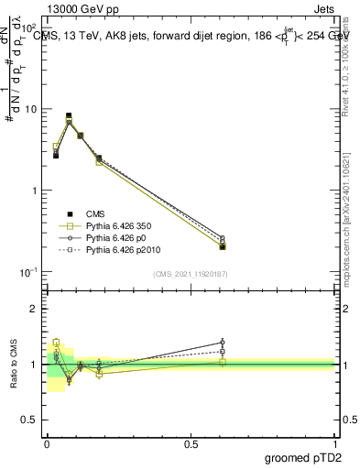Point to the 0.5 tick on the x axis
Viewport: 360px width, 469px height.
[191, 442]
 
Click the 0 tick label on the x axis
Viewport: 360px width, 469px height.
[47, 442]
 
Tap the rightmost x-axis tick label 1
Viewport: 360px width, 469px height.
[334, 442]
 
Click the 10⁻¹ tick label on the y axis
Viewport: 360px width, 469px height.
[29, 272]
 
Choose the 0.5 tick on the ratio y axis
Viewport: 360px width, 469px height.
[29, 421]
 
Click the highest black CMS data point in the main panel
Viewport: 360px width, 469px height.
[69, 116]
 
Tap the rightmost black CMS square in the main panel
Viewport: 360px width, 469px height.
[223, 246]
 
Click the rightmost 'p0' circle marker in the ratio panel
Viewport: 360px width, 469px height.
[223, 343]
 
